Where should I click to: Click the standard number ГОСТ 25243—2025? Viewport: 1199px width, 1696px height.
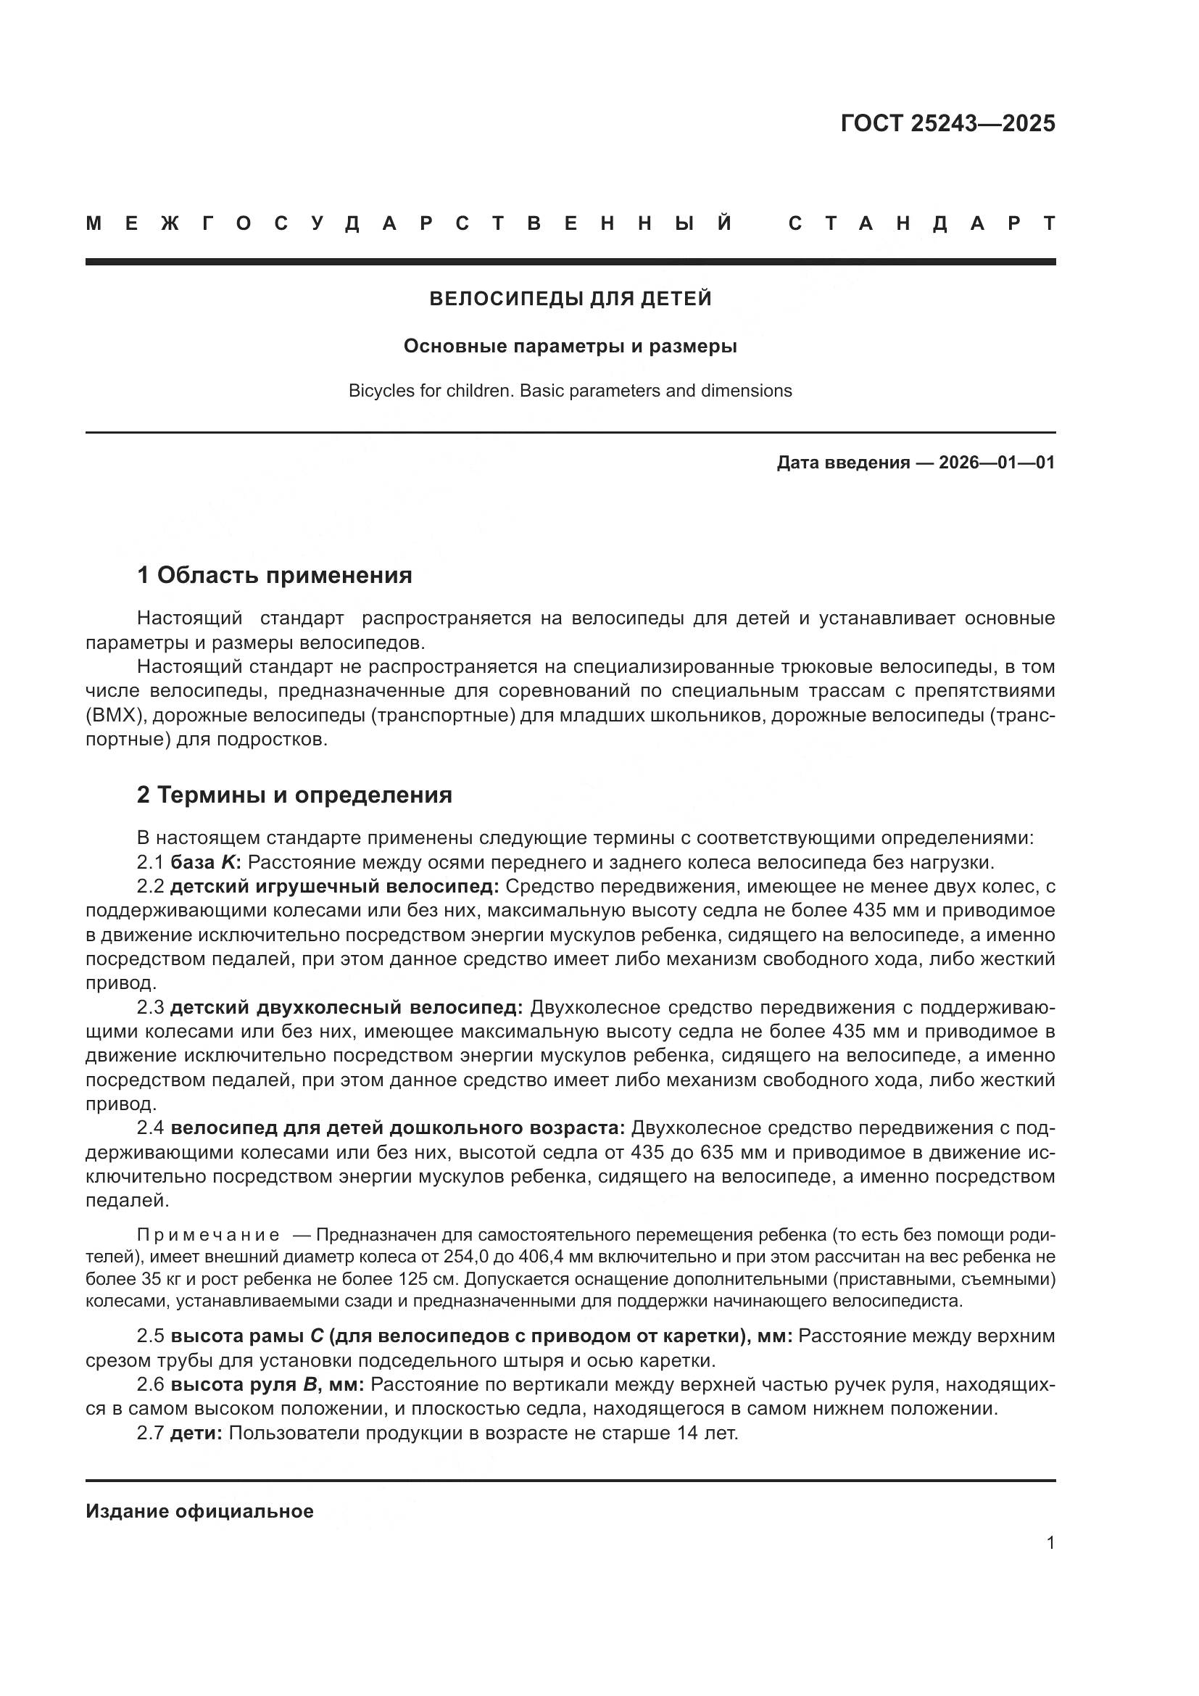pos(947,123)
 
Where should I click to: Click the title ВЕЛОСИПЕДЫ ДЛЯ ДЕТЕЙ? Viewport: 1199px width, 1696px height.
pos(570,299)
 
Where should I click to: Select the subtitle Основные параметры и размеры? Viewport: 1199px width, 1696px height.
pos(570,346)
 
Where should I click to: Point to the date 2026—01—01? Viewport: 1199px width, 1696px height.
pos(997,463)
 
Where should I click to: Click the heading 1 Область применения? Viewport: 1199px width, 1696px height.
pos(274,575)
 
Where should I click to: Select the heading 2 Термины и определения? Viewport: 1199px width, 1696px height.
pos(294,795)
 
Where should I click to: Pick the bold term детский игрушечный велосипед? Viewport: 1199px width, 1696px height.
pos(335,886)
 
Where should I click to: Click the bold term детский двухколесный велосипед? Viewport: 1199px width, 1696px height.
pos(347,1008)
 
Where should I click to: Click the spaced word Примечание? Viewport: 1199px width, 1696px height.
pos(208,1235)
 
